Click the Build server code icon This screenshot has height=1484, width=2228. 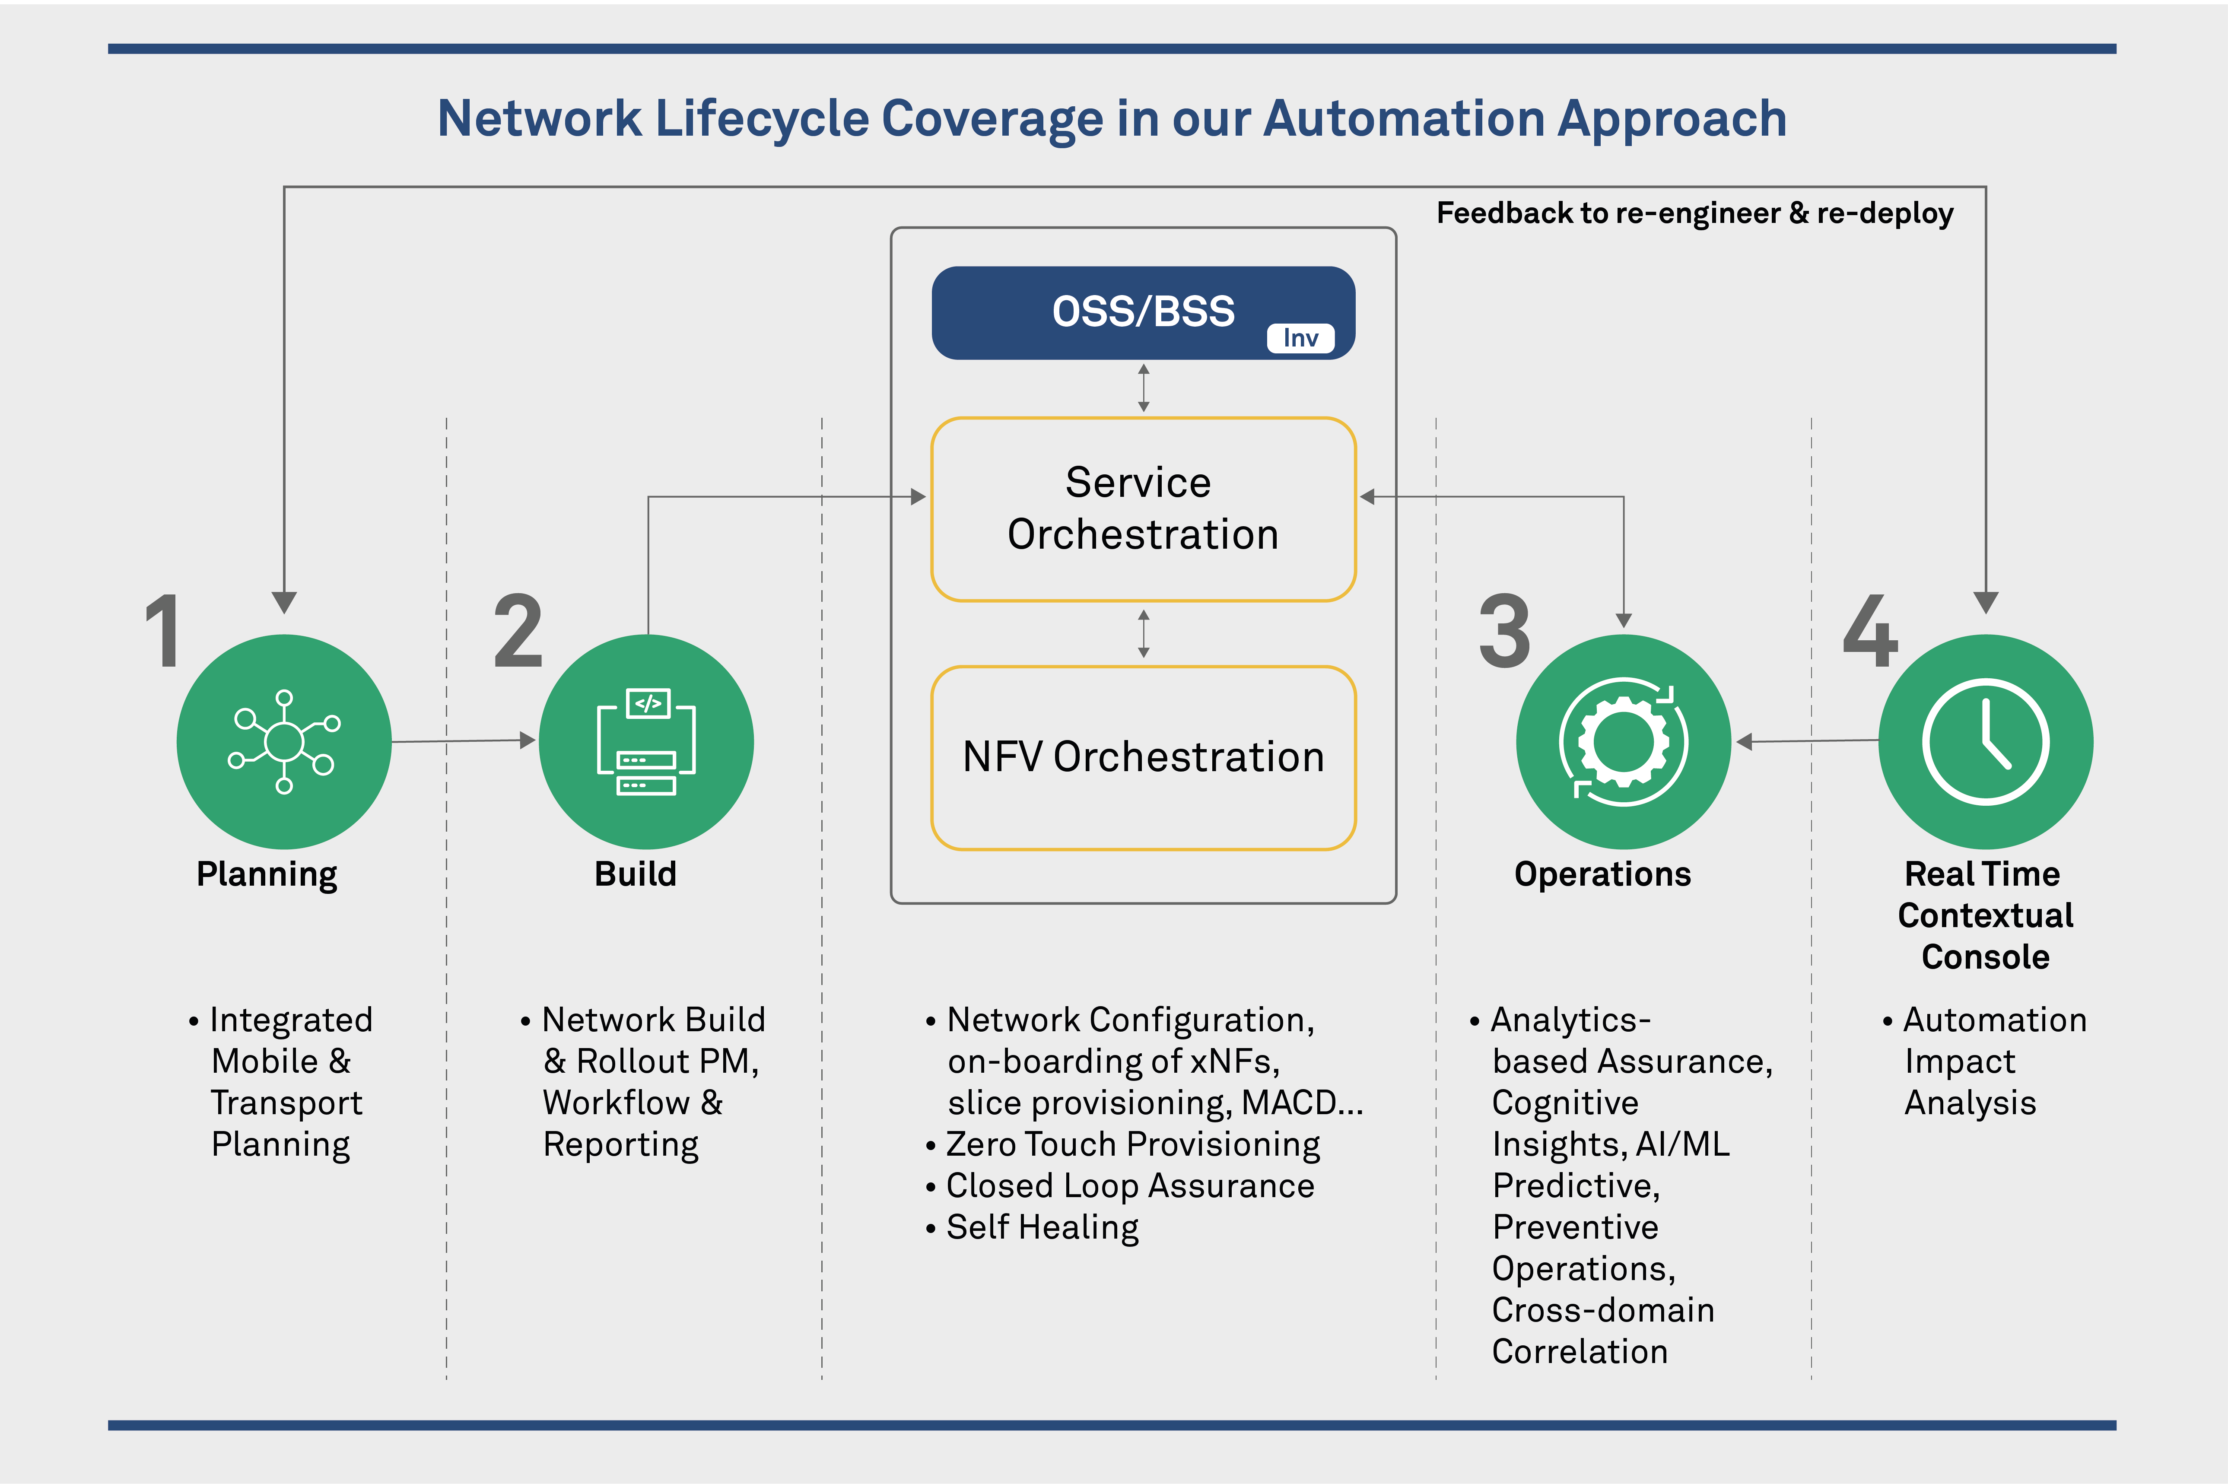click(x=646, y=741)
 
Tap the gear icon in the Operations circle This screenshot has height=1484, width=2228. click(x=1623, y=741)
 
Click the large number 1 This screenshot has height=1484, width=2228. click(x=163, y=632)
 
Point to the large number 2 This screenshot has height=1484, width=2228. click(x=519, y=632)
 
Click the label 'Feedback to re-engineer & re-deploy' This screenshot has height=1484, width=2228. click(x=1694, y=213)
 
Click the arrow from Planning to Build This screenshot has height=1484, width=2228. click(x=464, y=741)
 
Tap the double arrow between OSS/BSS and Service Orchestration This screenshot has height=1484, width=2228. click(x=1143, y=388)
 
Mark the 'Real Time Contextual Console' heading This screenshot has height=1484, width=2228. click(x=1985, y=914)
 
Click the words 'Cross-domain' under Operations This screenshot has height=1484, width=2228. click(x=1602, y=1310)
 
